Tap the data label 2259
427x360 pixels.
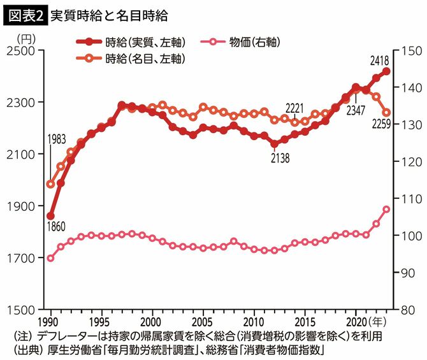point(380,126)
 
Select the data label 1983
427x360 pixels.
point(56,157)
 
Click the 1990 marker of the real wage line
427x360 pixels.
point(50,216)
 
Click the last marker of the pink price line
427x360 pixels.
point(387,209)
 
